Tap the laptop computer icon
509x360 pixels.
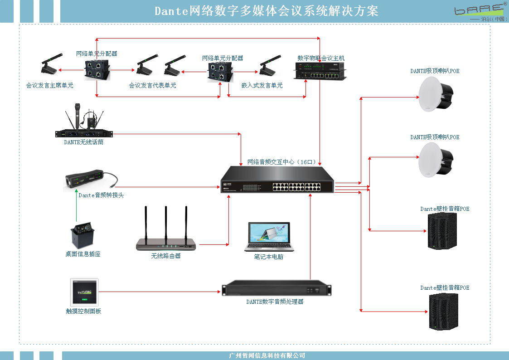(x=269, y=237)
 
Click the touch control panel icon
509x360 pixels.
(x=84, y=292)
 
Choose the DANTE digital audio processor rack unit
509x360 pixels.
(x=276, y=289)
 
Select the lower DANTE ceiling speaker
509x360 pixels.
(x=436, y=160)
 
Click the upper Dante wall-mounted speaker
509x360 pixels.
(x=442, y=231)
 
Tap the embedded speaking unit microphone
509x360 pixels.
(x=271, y=67)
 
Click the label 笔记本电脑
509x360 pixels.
(x=269, y=257)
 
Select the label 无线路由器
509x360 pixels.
(x=166, y=256)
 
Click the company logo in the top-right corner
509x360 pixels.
(x=480, y=11)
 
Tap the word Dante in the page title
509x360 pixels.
(x=171, y=11)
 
